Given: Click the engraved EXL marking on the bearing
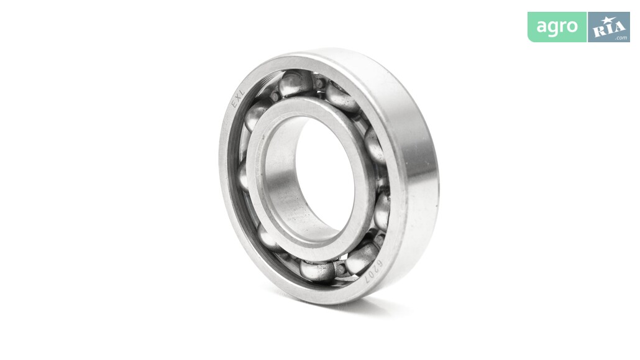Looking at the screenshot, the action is [x=237, y=98].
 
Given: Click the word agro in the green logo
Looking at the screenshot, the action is [x=557, y=27].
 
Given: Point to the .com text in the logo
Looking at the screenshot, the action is [x=621, y=38].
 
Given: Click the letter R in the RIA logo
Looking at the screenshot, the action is [x=599, y=30].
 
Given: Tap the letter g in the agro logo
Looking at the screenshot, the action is [x=551, y=29].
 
